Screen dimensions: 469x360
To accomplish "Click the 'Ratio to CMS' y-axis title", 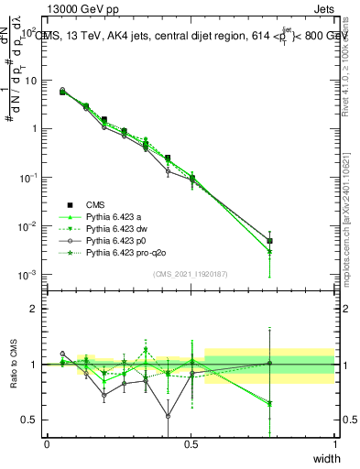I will click(x=14, y=364).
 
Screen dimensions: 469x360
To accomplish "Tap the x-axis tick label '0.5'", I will click(x=191, y=444).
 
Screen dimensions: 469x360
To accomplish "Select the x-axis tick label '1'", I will click(x=335, y=444).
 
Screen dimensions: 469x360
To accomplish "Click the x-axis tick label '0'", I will click(x=47, y=444).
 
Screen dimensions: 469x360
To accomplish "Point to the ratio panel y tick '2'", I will click(x=34, y=309).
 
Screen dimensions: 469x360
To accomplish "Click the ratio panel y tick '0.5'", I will click(x=29, y=420).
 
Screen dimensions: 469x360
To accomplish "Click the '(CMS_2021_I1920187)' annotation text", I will click(x=191, y=273).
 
